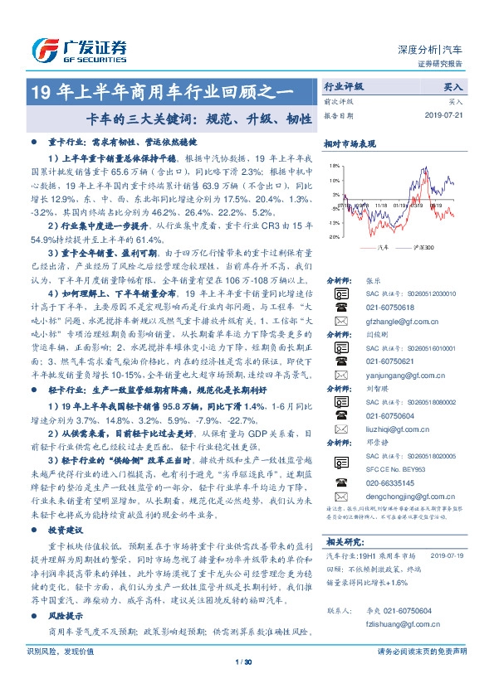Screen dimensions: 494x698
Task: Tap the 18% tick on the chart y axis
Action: coord(334,167)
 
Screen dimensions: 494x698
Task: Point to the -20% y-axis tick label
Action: coord(333,237)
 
